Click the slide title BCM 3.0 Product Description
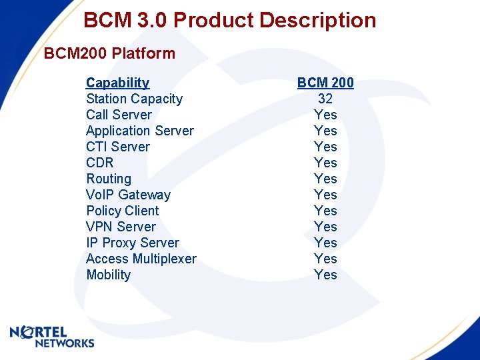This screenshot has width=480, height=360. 230,20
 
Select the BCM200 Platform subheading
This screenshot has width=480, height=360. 109,53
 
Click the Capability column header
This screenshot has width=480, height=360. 117,83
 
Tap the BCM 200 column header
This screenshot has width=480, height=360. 325,83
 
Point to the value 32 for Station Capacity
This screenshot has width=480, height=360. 325,99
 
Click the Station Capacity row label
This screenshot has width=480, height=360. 134,99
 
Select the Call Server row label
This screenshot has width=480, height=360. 119,115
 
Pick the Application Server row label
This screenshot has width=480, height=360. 140,131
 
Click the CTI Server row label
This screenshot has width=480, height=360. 118,147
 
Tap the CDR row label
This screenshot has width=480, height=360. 100,163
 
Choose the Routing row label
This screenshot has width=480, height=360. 109,179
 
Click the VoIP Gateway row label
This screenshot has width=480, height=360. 128,195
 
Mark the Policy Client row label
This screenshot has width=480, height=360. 123,211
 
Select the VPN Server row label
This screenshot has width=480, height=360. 121,227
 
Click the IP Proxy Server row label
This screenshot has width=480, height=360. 133,243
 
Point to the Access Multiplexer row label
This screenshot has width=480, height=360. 141,259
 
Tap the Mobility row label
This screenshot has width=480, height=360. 109,275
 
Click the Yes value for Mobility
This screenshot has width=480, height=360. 325,275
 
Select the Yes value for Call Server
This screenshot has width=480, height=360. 325,115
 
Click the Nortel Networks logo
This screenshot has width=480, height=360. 52,337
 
